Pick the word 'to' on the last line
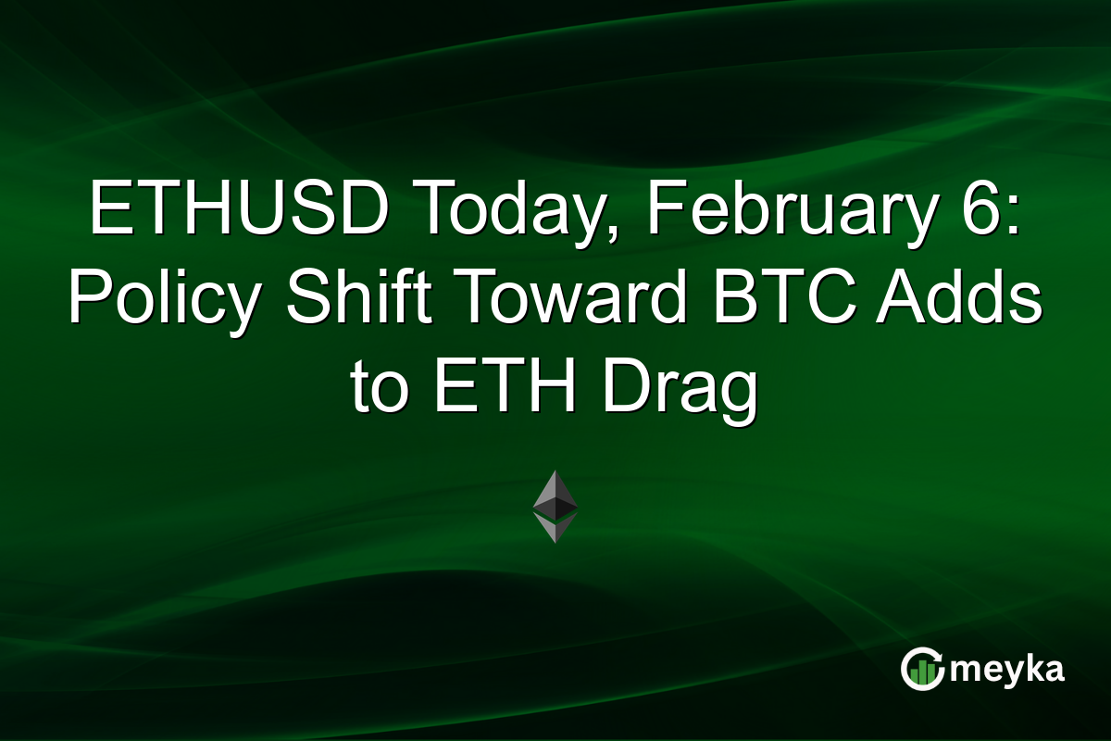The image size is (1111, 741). click(x=382, y=391)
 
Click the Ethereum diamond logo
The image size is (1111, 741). click(x=555, y=506)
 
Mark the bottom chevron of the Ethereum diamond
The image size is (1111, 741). click(x=555, y=530)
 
